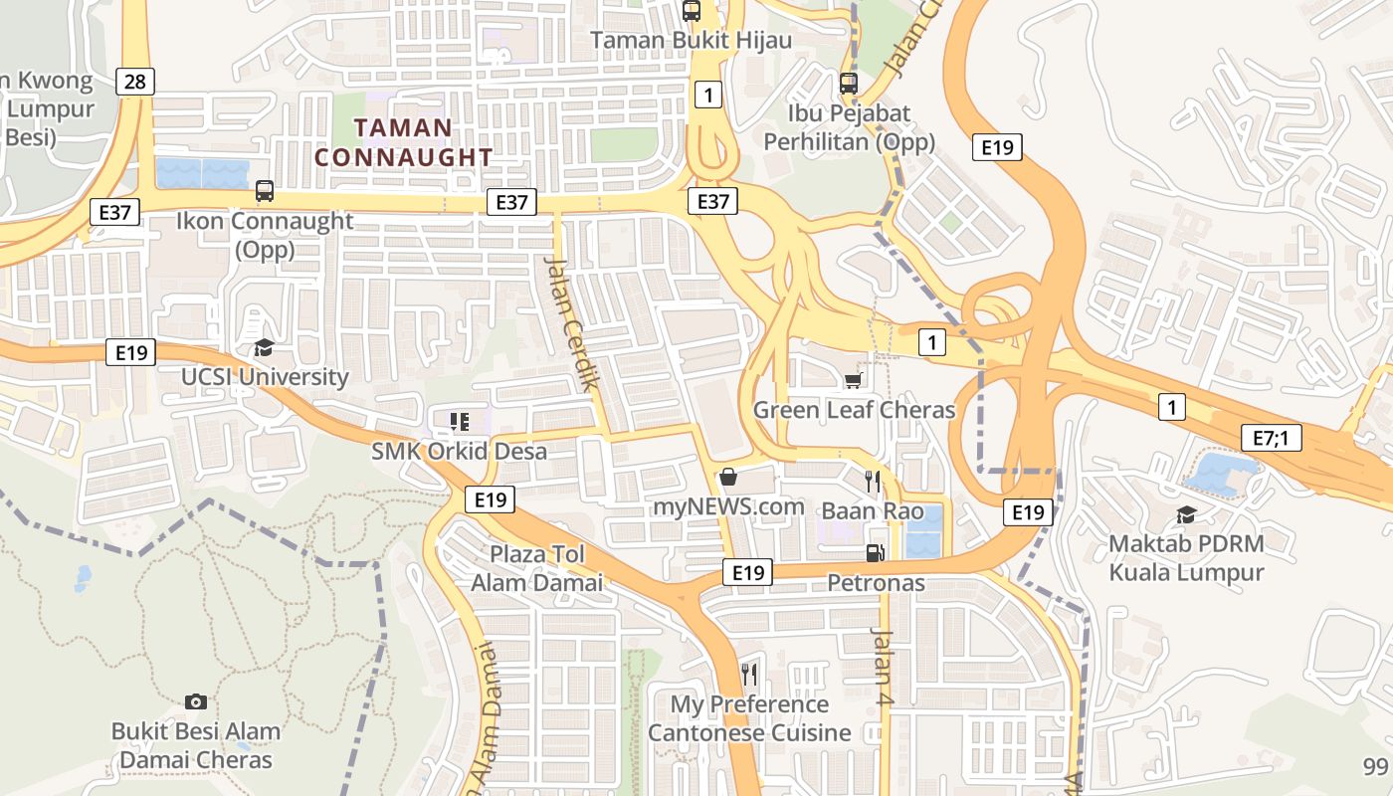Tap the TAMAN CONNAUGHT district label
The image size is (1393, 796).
(x=403, y=142)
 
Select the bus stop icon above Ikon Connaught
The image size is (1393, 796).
(x=265, y=190)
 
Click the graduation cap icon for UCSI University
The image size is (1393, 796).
(x=264, y=347)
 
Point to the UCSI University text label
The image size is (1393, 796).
(x=265, y=377)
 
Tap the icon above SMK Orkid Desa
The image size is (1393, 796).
(x=459, y=422)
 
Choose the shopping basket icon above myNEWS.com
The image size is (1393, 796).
(x=728, y=477)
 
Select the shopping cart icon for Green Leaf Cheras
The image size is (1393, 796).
(x=853, y=381)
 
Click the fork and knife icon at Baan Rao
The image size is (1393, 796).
(x=873, y=482)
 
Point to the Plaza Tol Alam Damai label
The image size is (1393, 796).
(x=537, y=568)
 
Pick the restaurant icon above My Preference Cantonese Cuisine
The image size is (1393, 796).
(x=749, y=675)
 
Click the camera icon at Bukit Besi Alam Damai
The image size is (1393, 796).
(x=196, y=701)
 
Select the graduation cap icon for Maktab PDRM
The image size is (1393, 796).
(x=1186, y=514)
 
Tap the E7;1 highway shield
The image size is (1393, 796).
(x=1272, y=438)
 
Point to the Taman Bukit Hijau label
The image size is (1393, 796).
(x=692, y=40)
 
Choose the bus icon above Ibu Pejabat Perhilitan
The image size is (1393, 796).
(x=848, y=84)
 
